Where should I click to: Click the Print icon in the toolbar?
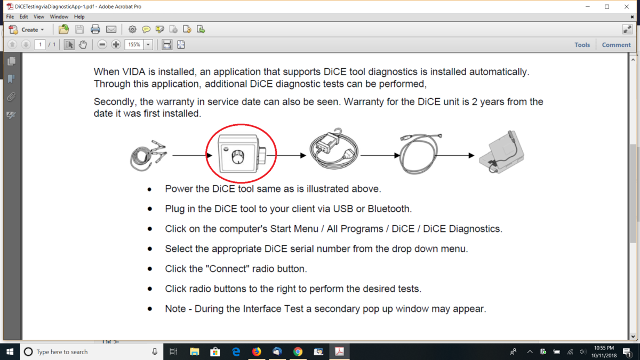pyautogui.click(x=95, y=29)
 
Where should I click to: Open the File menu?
pyautogui.click(x=10, y=17)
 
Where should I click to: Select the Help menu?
pyautogui.click(x=79, y=17)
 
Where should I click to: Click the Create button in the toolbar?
pyautogui.click(x=26, y=29)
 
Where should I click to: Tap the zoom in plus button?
pyautogui.click(x=116, y=45)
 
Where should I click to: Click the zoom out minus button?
pyautogui.click(x=102, y=45)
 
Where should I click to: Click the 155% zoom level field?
pyautogui.click(x=134, y=45)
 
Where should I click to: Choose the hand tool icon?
pyautogui.click(x=83, y=45)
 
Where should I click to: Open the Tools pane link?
pyautogui.click(x=582, y=45)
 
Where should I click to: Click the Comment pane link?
pyautogui.click(x=616, y=45)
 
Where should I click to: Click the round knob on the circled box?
pyautogui.click(x=237, y=157)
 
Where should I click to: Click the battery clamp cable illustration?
pyautogui.click(x=148, y=156)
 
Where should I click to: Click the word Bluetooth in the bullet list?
pyautogui.click(x=389, y=209)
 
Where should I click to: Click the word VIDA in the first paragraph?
pyautogui.click(x=134, y=71)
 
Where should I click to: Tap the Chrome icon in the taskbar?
pyautogui.click(x=298, y=351)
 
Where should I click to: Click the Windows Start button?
pyautogui.click(x=10, y=351)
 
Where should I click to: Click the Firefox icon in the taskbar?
pyautogui.click(x=257, y=351)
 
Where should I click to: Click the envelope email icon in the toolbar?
pyautogui.click(x=111, y=29)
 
